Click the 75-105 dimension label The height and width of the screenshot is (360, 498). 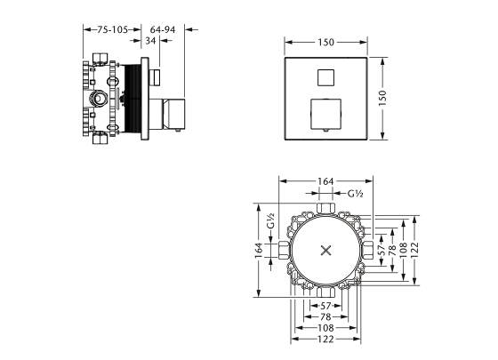[101, 30]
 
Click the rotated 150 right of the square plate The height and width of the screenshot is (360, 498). [395, 99]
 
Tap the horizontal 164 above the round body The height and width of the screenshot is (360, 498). [325, 181]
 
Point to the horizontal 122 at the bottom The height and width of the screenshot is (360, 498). [325, 339]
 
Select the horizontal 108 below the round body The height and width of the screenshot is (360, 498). [325, 327]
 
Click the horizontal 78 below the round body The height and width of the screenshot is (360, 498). [325, 316]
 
